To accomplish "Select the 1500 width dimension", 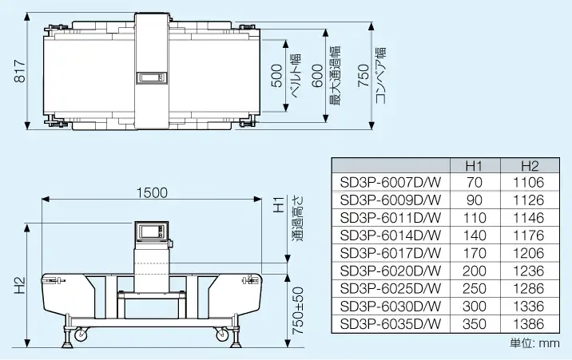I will click(152, 192).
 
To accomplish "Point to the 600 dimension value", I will click(317, 76).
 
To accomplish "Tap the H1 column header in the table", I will click(473, 166).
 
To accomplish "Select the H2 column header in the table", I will click(529, 166).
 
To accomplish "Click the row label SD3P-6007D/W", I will click(390, 183).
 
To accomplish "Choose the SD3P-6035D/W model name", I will click(390, 324).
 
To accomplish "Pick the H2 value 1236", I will click(529, 271).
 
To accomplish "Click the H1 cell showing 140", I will click(473, 235).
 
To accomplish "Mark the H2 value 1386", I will click(529, 324).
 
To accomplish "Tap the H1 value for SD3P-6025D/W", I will click(473, 289).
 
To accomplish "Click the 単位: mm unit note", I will click(534, 343).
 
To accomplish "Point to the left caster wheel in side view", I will click(81, 339).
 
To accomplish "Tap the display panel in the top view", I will click(151, 77).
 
